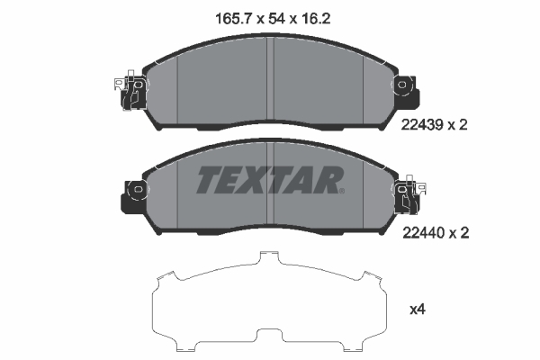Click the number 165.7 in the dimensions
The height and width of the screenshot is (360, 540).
pos(234,19)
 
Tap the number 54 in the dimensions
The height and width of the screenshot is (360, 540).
pos(277,19)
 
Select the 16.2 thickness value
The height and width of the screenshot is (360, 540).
pos(316,19)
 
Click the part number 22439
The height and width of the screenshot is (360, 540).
pos(422,125)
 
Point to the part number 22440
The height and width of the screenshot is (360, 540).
pos(423,233)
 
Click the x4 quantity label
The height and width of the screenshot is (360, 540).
pos(418,310)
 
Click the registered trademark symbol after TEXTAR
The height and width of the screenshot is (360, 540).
pos(341,191)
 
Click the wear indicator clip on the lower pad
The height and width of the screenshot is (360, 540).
pos(411,194)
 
